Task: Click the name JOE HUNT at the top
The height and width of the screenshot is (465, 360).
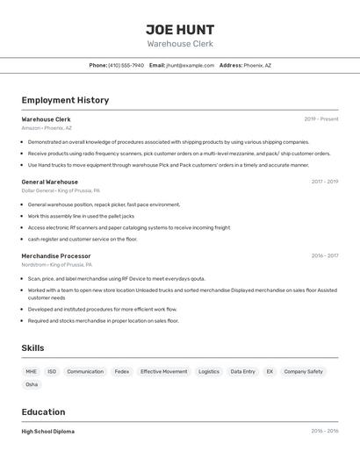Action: click(x=180, y=29)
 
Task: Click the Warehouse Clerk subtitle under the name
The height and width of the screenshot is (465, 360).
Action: click(x=180, y=44)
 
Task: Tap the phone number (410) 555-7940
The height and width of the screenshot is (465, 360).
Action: click(x=126, y=65)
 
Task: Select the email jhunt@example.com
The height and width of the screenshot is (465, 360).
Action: click(x=191, y=65)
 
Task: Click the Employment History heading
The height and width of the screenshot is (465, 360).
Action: click(x=65, y=100)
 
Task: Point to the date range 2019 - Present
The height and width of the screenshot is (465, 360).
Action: click(x=321, y=119)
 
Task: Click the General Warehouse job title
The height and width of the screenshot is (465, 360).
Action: click(x=49, y=182)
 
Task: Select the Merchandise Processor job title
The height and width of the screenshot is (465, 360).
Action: click(x=56, y=256)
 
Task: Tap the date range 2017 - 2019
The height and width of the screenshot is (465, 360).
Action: click(x=325, y=182)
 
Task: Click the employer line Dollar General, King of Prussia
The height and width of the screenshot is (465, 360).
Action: click(x=61, y=190)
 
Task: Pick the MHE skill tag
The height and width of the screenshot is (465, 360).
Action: click(x=32, y=371)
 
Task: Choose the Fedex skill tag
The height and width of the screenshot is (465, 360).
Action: click(x=121, y=371)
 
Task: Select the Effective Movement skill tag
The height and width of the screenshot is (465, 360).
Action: click(x=163, y=371)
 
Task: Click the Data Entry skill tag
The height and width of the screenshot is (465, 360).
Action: click(x=242, y=371)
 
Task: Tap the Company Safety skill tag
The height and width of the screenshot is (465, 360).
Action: click(x=303, y=371)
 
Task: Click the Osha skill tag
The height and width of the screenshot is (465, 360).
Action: click(x=32, y=384)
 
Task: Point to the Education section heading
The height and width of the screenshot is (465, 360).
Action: click(x=43, y=411)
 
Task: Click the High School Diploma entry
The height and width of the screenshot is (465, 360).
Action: click(x=47, y=432)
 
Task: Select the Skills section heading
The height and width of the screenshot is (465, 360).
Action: click(x=32, y=348)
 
